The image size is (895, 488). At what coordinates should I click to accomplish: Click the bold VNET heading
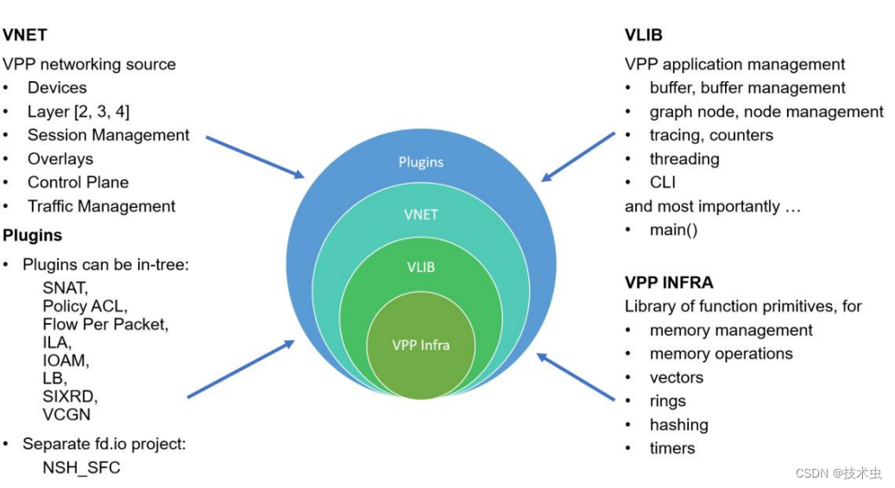[x=25, y=35]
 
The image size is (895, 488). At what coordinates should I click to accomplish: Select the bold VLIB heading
[x=644, y=35]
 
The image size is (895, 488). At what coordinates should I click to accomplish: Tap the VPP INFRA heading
[x=669, y=282]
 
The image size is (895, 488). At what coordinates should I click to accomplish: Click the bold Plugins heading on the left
[x=32, y=235]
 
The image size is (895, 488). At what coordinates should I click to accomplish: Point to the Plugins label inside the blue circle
[x=421, y=162]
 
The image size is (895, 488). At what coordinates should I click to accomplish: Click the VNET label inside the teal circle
[x=421, y=214]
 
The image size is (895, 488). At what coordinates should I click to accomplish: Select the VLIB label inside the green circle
[x=421, y=267]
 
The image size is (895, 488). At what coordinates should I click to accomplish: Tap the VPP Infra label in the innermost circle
[x=421, y=345]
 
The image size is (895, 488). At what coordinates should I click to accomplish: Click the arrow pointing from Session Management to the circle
[x=255, y=156]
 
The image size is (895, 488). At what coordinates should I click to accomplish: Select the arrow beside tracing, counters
[x=578, y=156]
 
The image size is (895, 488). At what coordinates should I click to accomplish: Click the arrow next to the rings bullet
[x=576, y=377]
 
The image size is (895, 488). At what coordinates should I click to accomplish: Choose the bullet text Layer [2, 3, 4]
[x=79, y=111]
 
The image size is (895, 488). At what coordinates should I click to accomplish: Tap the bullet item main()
[x=673, y=230]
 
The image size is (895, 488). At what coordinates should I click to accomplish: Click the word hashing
[x=678, y=425]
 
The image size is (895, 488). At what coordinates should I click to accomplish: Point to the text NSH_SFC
[x=81, y=467]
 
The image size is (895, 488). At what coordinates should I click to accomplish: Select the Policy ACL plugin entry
[x=85, y=307]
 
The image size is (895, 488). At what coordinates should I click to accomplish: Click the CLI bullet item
[x=662, y=182]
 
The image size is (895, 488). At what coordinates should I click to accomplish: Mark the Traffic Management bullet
[x=101, y=206]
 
